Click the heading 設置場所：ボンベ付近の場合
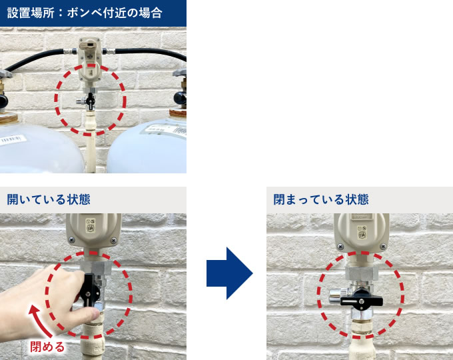85,13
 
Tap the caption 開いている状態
49,199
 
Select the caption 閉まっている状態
321,199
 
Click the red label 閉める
47,347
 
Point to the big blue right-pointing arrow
230,273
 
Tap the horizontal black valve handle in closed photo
362,301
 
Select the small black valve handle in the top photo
91,101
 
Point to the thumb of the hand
87,314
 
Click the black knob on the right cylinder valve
180,98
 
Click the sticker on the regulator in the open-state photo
90,225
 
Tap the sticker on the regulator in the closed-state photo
362,232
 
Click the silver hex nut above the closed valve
362,273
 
